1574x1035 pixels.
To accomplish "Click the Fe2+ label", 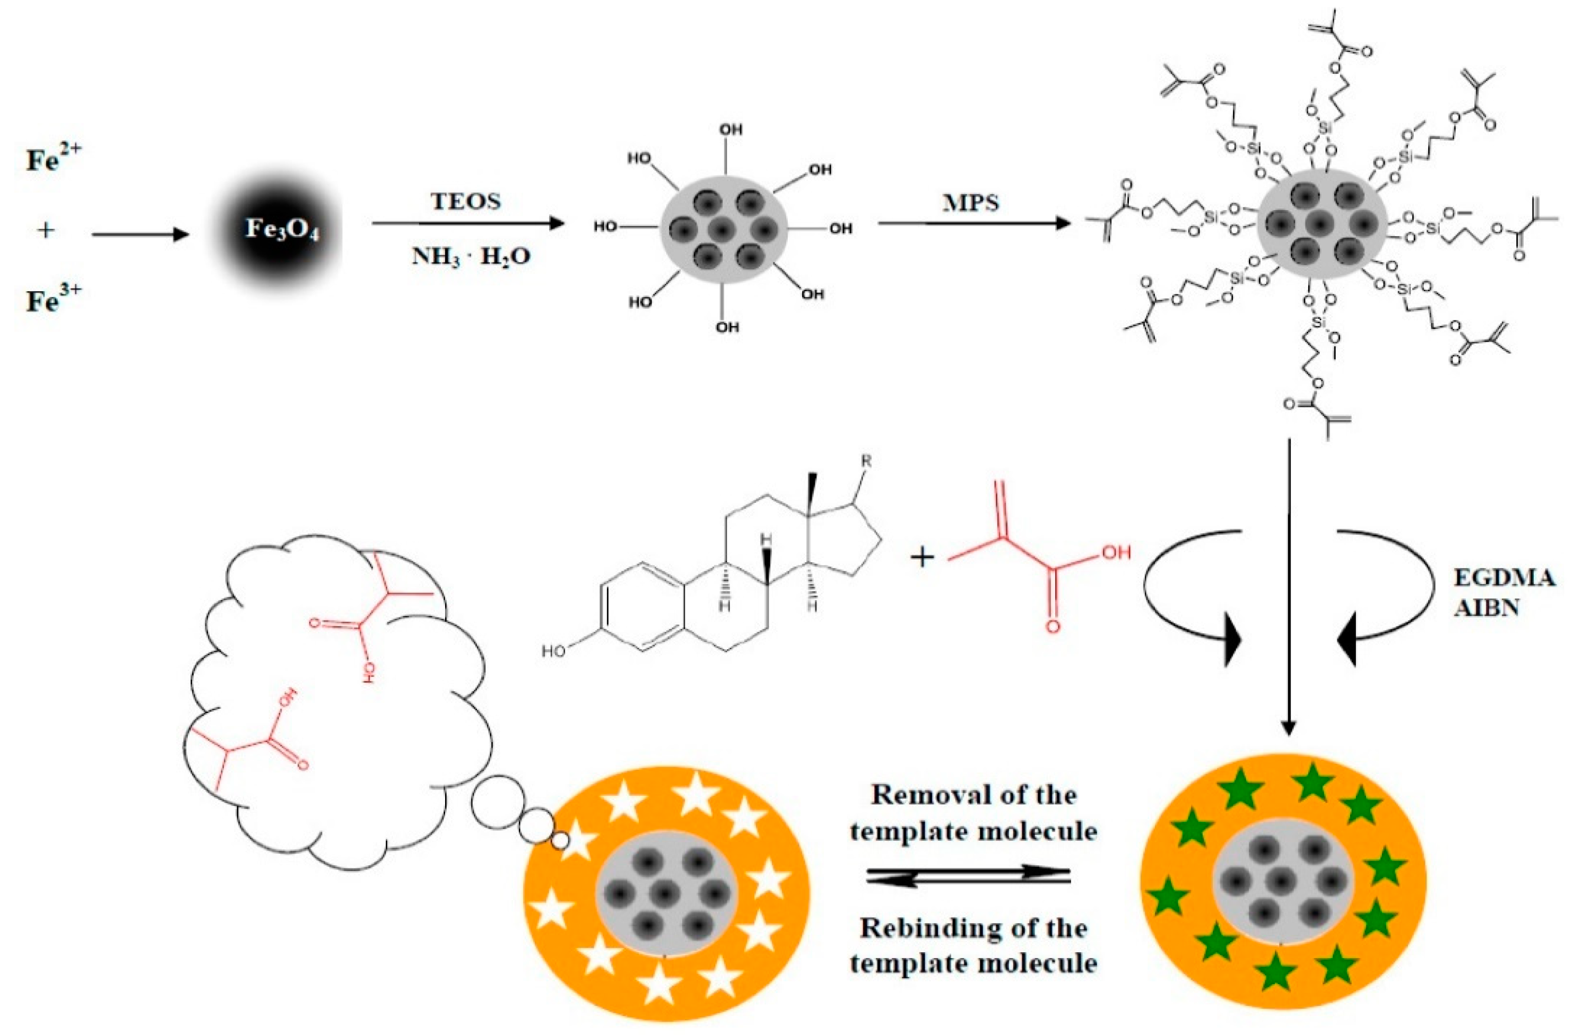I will coord(54,159).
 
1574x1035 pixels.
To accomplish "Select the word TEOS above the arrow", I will coord(466,201).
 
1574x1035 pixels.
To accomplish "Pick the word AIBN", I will coord(1485,607).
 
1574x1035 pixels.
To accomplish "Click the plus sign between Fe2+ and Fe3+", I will coord(46,231).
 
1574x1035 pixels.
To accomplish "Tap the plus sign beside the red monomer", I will coord(922,558).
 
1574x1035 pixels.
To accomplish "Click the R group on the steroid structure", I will coord(866,461).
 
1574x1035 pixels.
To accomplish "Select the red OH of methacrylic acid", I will coord(1116,552).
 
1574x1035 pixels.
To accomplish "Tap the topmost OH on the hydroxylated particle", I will coord(731,129).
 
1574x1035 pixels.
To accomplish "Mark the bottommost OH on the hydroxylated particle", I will coord(727,327).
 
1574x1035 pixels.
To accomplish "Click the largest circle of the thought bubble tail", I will coord(493,804).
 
